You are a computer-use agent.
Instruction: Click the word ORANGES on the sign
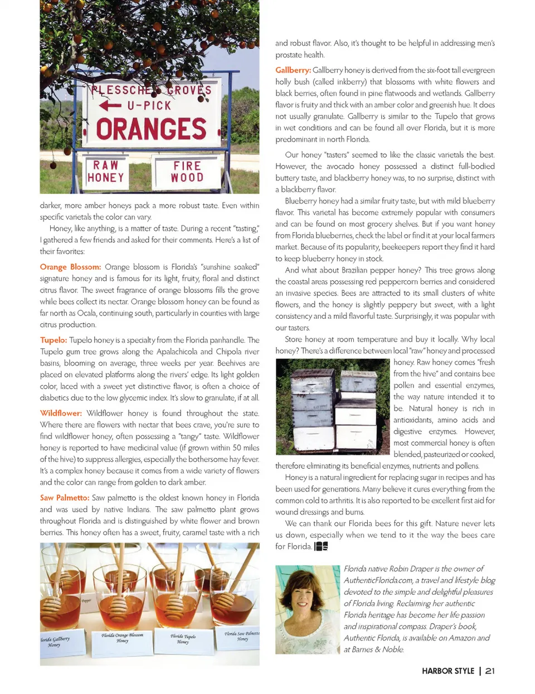pos(151,129)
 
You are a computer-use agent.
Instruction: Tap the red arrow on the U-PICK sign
pos(110,105)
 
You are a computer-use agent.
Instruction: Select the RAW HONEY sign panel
pos(106,172)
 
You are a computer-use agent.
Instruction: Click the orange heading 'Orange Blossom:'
pos(70,267)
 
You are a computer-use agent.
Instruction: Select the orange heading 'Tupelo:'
pos(53,340)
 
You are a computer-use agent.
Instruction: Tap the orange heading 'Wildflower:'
pos(61,413)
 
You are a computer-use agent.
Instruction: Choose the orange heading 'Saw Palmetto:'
pos(65,498)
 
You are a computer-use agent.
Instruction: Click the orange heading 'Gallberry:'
pos(293,70)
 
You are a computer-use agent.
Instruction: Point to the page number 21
pos(490,671)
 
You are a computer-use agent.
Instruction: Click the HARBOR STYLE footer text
pos(448,671)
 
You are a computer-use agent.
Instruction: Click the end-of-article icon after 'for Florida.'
pos(322,546)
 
